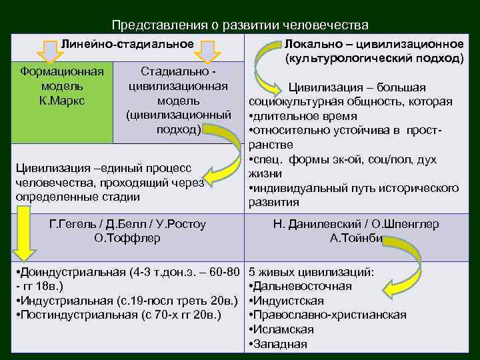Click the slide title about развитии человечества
coord(240,25)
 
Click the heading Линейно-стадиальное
coord(127,44)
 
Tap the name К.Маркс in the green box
coord(62,100)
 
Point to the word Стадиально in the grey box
coord(176,71)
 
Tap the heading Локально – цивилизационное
coord(374,44)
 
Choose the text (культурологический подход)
coord(374,58)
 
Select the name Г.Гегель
coord(73,224)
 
